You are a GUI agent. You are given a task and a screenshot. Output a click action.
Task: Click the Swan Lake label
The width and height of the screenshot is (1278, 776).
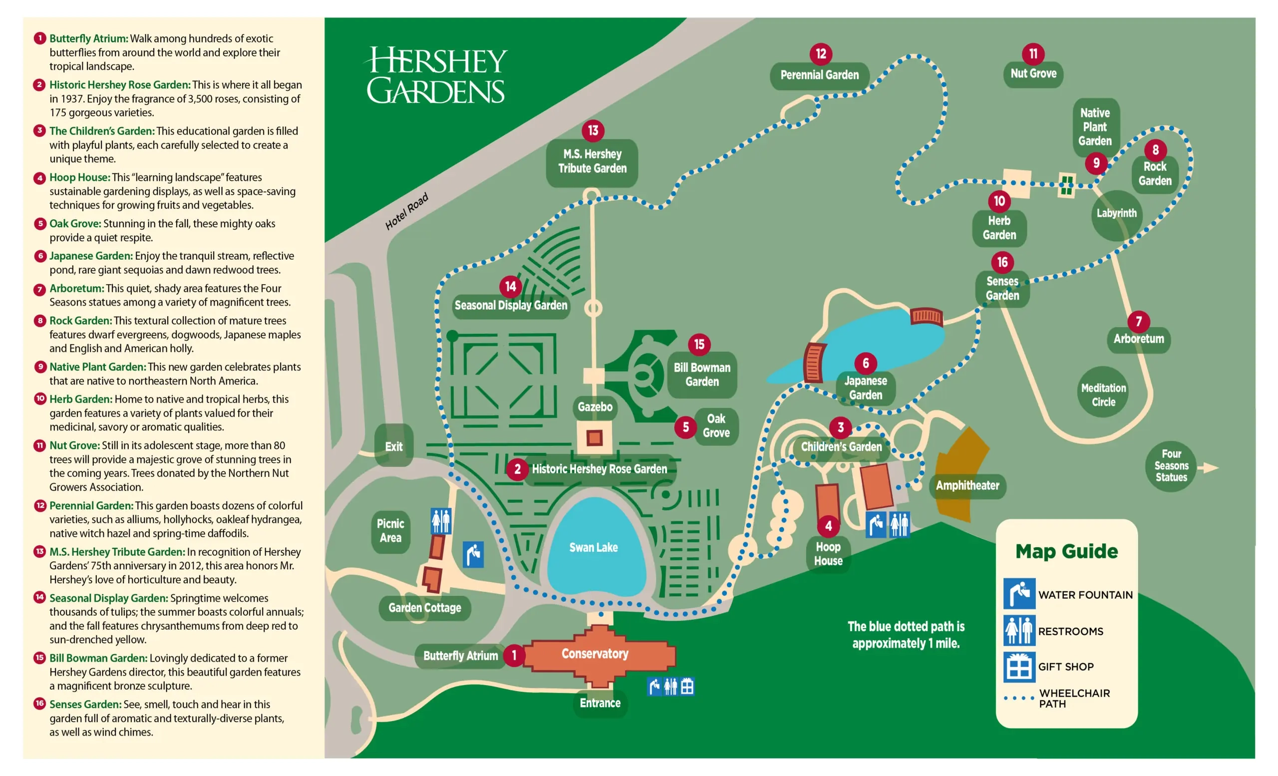point(594,547)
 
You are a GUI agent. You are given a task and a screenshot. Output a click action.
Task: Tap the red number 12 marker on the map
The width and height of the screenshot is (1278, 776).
point(821,54)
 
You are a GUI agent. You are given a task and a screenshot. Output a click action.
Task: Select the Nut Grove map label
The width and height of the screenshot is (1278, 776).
point(1033,74)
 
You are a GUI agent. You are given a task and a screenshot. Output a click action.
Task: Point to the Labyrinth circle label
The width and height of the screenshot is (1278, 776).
point(1116,213)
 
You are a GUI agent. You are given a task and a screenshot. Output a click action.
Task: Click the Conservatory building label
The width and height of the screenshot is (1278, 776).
point(595,654)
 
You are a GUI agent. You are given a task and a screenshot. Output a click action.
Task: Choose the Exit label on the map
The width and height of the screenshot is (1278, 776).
point(394,446)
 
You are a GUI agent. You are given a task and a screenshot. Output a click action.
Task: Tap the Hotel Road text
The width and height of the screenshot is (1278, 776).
point(407,211)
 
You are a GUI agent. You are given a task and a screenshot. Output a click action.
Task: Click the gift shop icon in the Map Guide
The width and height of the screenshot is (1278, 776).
point(1019,667)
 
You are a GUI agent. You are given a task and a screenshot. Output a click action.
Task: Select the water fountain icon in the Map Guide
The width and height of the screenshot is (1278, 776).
point(1019,593)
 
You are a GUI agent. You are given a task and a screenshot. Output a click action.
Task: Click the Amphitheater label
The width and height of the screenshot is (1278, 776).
point(967,485)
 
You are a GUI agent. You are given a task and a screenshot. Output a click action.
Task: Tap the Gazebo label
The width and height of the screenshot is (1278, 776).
point(595,406)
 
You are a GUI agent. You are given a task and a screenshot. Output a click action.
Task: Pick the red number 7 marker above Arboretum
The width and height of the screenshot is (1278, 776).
point(1139,322)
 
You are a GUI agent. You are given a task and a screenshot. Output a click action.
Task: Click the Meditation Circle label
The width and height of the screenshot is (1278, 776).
point(1103,395)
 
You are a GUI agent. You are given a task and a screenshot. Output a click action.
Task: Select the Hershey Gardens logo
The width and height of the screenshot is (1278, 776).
point(436,76)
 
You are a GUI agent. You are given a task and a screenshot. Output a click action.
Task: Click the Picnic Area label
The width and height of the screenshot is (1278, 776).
point(390,531)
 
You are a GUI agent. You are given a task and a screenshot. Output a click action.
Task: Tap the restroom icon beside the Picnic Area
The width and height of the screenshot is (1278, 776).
point(441,521)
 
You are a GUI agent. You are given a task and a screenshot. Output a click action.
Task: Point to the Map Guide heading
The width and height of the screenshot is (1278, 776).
point(1066,551)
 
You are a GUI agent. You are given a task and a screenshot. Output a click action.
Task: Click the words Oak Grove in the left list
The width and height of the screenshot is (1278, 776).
point(75,224)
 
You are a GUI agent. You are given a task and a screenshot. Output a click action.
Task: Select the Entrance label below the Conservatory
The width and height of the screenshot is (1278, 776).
point(600,703)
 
